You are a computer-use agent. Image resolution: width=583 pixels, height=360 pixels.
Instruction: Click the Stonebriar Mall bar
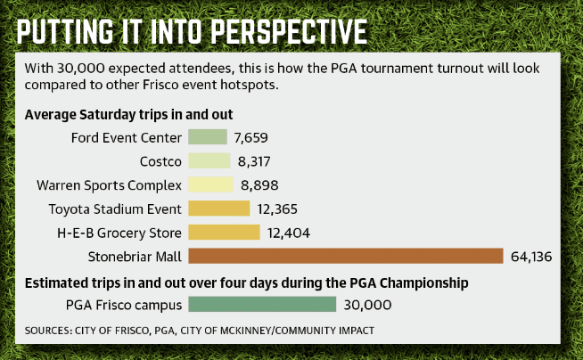(x=346, y=256)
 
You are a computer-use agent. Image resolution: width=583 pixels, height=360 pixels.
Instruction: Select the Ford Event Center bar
(x=208, y=136)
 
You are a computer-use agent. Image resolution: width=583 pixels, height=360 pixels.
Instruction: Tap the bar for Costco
(x=209, y=161)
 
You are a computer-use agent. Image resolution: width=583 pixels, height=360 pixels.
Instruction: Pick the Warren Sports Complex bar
(x=210, y=184)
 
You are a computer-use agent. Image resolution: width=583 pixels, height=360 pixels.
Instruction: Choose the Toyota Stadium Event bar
(x=219, y=209)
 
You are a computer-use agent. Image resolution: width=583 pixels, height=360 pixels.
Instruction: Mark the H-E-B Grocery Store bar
(x=225, y=233)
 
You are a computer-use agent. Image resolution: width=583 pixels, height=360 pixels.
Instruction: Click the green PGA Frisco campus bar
(x=262, y=304)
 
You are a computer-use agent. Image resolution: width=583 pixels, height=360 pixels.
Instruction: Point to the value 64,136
(x=531, y=257)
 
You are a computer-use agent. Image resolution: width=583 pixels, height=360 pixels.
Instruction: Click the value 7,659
(x=250, y=138)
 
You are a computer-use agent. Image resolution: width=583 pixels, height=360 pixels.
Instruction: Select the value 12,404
(x=289, y=233)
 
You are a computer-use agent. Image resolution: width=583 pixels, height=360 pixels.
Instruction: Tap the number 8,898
(x=259, y=185)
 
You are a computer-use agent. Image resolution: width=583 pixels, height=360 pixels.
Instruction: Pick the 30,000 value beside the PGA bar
(x=367, y=305)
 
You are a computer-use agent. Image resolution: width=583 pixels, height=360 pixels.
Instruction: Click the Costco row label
(x=160, y=161)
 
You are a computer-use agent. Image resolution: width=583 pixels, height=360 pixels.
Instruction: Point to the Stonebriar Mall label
(x=135, y=257)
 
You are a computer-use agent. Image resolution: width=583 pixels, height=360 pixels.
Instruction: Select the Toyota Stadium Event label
(x=115, y=209)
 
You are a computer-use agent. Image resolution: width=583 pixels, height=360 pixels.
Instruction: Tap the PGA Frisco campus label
(x=124, y=305)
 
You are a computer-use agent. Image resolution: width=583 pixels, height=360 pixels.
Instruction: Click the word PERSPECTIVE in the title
(x=289, y=32)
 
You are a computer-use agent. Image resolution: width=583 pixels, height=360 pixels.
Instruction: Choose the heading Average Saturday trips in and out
(x=128, y=114)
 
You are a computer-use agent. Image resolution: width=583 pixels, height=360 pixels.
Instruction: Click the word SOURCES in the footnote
(x=48, y=331)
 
